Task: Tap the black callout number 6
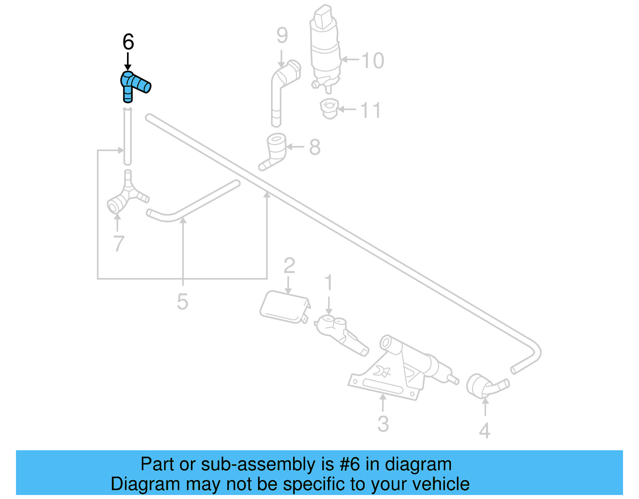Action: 128,42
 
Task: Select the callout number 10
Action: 373,61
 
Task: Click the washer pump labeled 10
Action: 325,46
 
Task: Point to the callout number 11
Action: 371,110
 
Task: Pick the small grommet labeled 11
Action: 329,109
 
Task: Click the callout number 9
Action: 282,36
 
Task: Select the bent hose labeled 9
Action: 280,92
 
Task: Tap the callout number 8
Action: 315,147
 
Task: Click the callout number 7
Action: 119,244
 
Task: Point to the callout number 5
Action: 183,302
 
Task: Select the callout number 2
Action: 289,266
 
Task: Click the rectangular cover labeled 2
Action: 284,307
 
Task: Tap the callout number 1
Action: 329,283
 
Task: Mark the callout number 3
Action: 383,424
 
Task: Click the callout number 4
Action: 484,431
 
